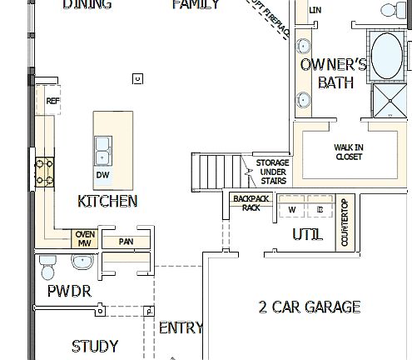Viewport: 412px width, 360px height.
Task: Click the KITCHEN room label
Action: [x=107, y=201]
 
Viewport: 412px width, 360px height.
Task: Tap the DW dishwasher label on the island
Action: [x=102, y=175]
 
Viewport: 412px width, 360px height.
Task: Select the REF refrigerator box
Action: [x=53, y=101]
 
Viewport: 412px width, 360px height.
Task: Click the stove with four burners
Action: [x=44, y=172]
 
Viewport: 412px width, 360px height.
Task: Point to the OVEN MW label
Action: [x=85, y=238]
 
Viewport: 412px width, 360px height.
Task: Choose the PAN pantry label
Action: [x=126, y=242]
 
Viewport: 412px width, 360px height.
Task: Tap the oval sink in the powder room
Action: [x=82, y=263]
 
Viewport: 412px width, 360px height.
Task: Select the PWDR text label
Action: [x=68, y=291]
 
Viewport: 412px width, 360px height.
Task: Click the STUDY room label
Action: [x=94, y=346]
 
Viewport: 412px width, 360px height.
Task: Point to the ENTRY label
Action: [x=180, y=327]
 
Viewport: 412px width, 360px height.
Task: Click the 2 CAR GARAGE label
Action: [x=310, y=307]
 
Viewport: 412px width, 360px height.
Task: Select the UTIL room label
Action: [x=307, y=235]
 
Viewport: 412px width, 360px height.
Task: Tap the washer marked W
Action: [x=292, y=210]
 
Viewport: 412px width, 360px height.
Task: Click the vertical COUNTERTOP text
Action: [x=344, y=222]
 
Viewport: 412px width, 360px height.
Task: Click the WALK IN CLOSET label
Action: [x=349, y=152]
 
